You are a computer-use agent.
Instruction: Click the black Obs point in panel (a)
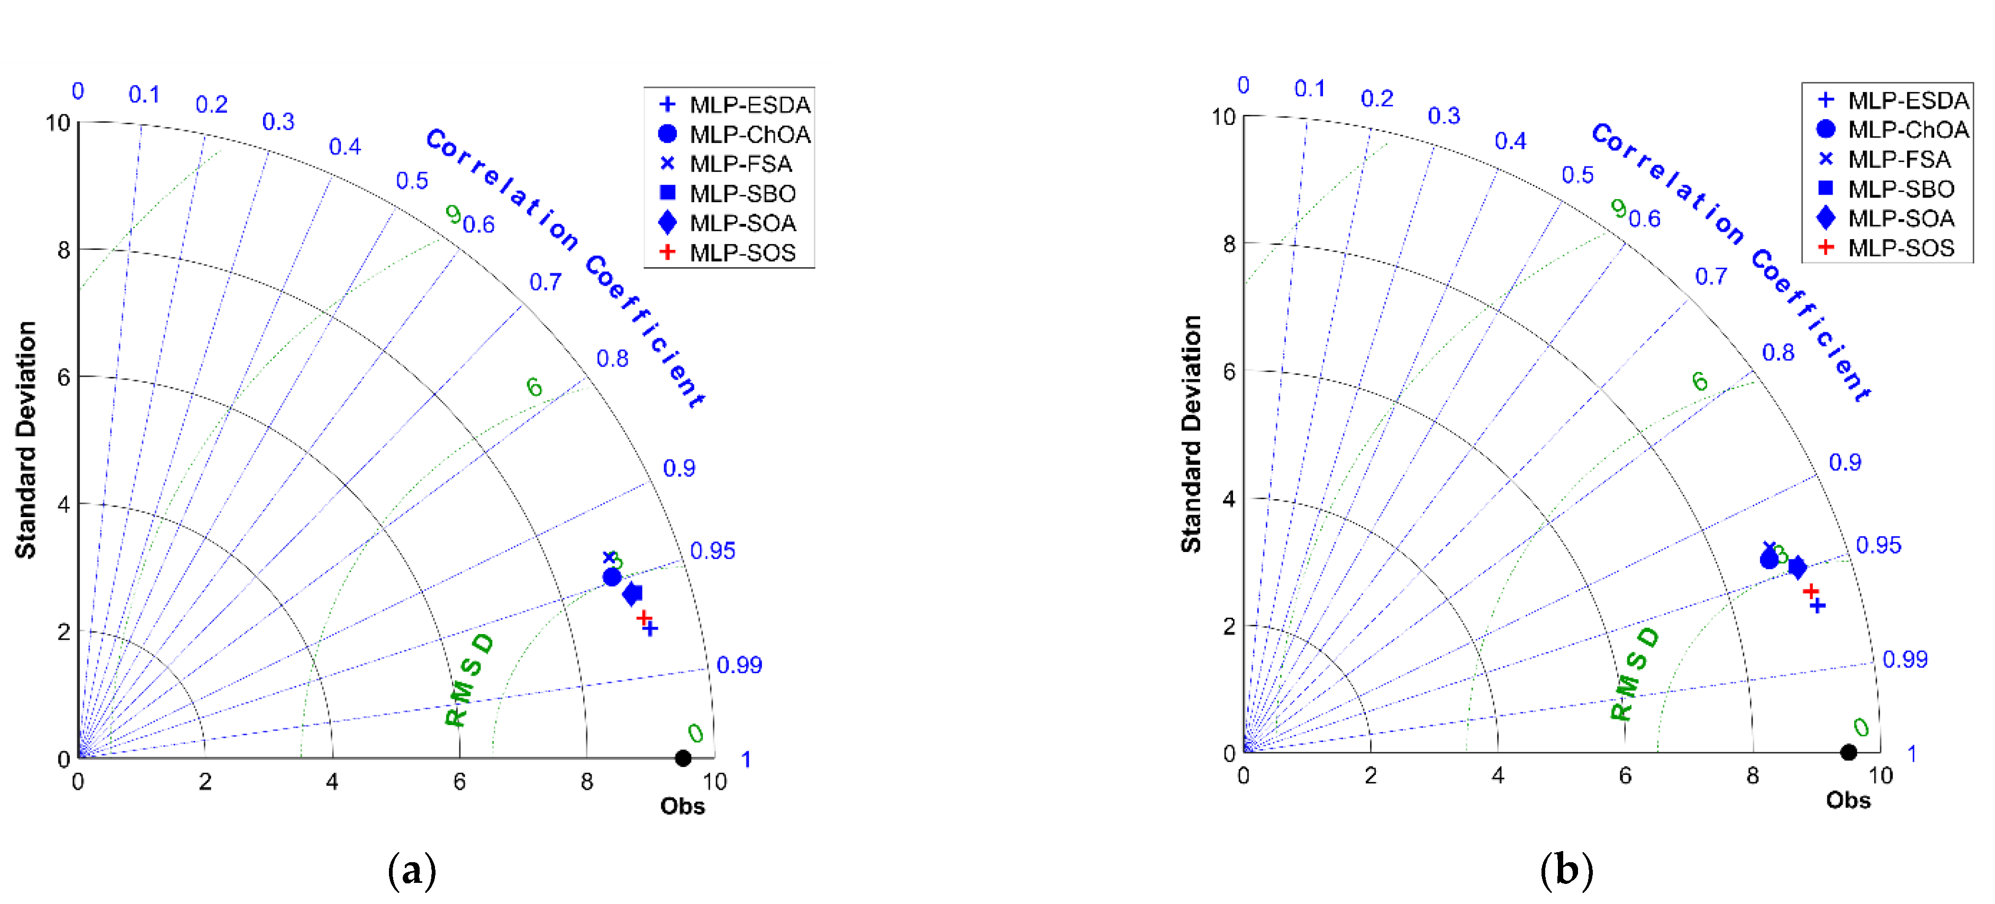coord(682,757)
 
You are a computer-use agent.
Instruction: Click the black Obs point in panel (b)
coord(1848,752)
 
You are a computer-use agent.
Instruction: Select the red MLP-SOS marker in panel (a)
coord(643,617)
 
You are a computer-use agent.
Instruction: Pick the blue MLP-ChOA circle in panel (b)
coord(1769,558)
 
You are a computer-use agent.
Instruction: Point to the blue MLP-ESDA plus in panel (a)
coord(650,629)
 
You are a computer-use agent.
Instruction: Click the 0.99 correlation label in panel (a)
coord(739,665)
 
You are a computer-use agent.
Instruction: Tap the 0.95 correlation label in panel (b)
coord(1878,545)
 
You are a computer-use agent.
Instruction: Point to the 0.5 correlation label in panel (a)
coord(412,180)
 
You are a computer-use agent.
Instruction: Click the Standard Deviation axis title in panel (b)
coord(1190,434)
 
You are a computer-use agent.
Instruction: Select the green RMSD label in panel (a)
coord(469,680)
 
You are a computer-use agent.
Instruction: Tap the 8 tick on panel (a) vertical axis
coord(64,250)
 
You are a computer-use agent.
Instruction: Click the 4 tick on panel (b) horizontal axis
coord(1498,775)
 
